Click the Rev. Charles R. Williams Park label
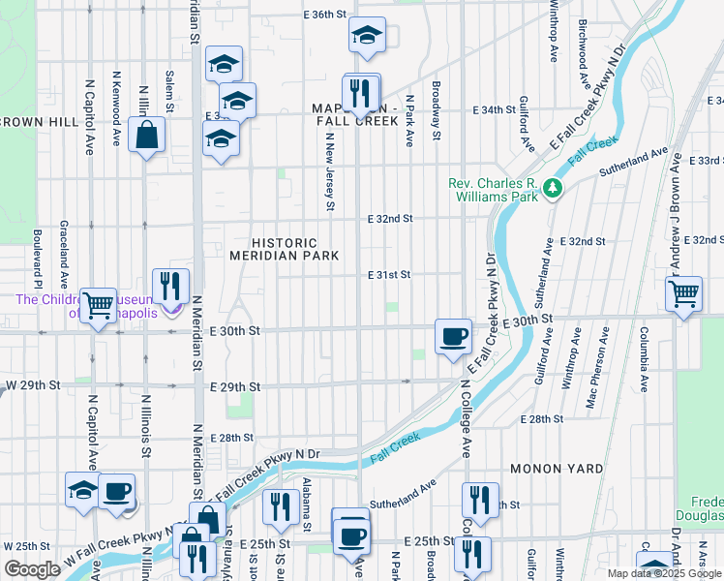click(492, 190)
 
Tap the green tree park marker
click(553, 188)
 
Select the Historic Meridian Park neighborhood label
click(284, 249)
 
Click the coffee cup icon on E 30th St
click(453, 337)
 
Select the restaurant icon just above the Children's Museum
click(170, 286)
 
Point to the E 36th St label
click(324, 15)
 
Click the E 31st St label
click(389, 275)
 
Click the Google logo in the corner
click(32, 569)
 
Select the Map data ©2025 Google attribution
click(664, 573)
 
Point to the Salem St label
click(170, 89)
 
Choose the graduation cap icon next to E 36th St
click(367, 37)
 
